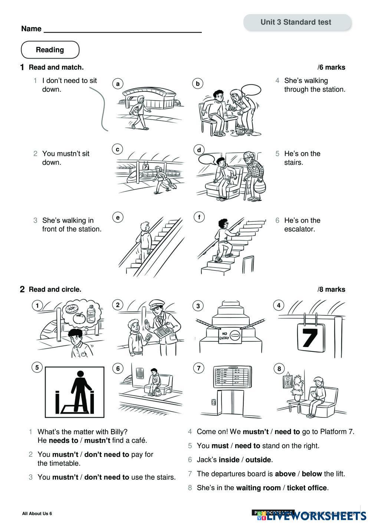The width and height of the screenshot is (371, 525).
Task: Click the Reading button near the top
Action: click(50, 50)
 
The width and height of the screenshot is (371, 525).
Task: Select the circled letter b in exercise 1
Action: click(198, 84)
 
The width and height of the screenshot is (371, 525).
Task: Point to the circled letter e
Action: click(118, 217)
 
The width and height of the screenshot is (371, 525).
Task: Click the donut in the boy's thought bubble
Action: click(70, 309)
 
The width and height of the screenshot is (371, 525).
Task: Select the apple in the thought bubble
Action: click(79, 318)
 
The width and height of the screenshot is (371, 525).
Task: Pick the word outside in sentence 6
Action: click(258, 460)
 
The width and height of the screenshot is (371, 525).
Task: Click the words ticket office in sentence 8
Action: click(307, 488)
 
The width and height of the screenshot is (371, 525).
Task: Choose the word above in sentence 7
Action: click(285, 474)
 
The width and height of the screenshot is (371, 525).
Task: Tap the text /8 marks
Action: click(331, 289)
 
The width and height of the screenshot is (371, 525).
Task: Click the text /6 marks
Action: click(331, 68)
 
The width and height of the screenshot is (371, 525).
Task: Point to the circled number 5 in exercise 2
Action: click(37, 368)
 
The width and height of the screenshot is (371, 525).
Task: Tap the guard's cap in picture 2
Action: click(155, 305)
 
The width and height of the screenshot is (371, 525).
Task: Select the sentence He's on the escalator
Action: click(302, 225)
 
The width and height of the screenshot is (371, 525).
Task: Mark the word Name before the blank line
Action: click(31, 29)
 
